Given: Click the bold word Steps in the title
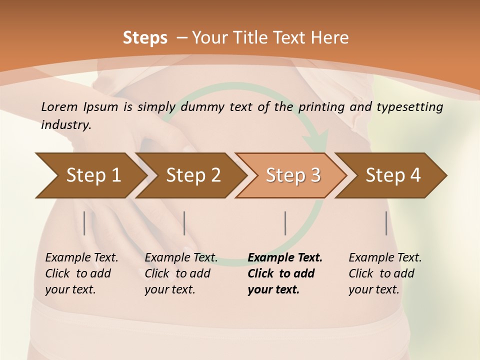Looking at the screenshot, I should click(145, 38).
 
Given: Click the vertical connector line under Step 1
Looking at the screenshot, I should click(84, 223).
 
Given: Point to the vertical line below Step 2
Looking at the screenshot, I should click(184, 223).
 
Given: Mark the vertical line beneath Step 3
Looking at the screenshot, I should click(285, 223).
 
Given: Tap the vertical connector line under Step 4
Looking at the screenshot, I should click(386, 223).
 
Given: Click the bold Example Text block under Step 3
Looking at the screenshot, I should click(285, 273).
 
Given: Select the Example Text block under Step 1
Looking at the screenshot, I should click(81, 273).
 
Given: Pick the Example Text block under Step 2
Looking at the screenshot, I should click(181, 273).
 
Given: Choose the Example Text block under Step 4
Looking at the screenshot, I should click(385, 273).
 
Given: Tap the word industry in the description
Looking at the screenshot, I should click(65, 125).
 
